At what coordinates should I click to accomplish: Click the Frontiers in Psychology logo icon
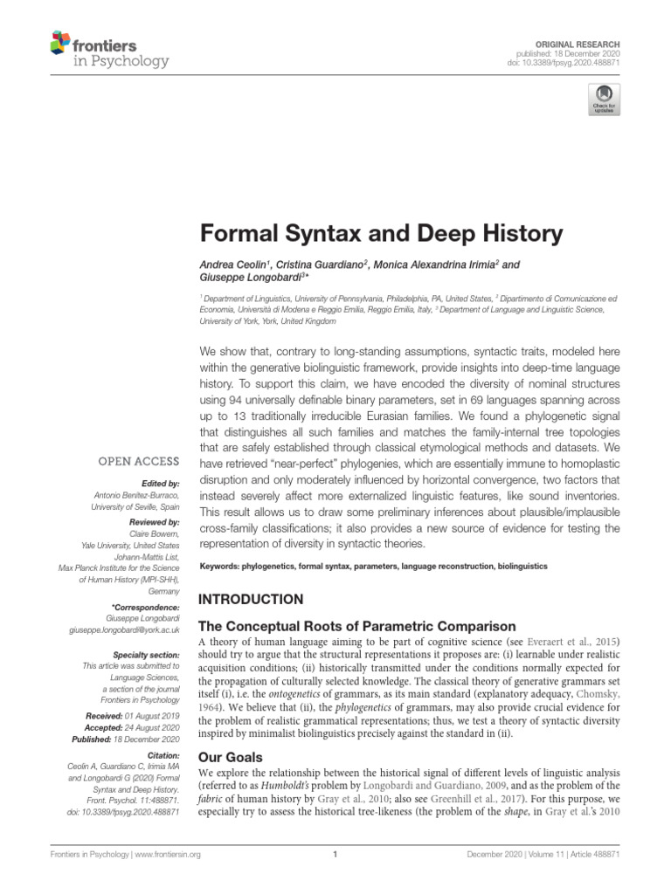[x=60, y=42]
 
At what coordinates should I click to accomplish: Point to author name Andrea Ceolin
[x=234, y=264]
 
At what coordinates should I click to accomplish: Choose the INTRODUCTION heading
[x=252, y=600]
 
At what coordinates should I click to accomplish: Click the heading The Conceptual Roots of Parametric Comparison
[x=358, y=626]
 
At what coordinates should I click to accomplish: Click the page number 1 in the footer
[x=335, y=856]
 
